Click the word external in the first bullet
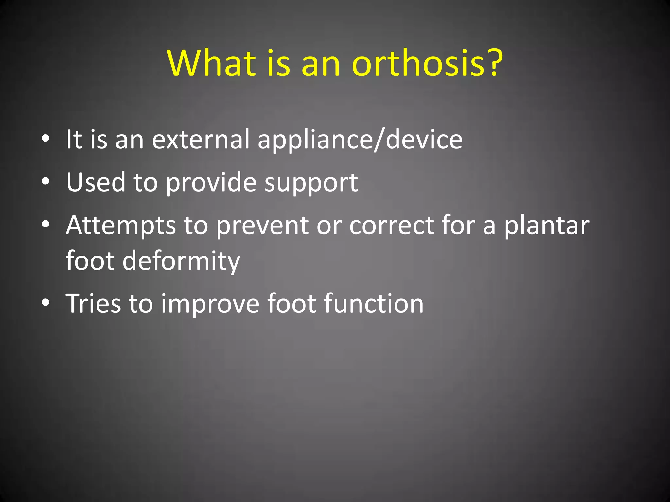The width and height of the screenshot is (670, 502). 201,139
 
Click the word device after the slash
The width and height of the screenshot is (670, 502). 424,139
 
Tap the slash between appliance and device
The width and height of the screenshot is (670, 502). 379,140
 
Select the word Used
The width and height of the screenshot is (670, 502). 96,182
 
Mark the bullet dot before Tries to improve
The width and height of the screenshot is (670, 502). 46,302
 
